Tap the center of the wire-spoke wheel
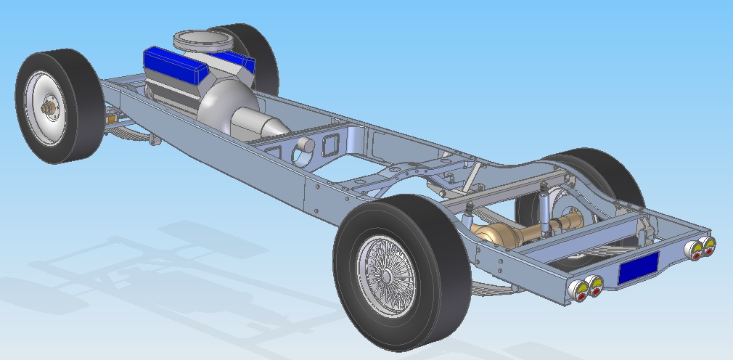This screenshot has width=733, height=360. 390,274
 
